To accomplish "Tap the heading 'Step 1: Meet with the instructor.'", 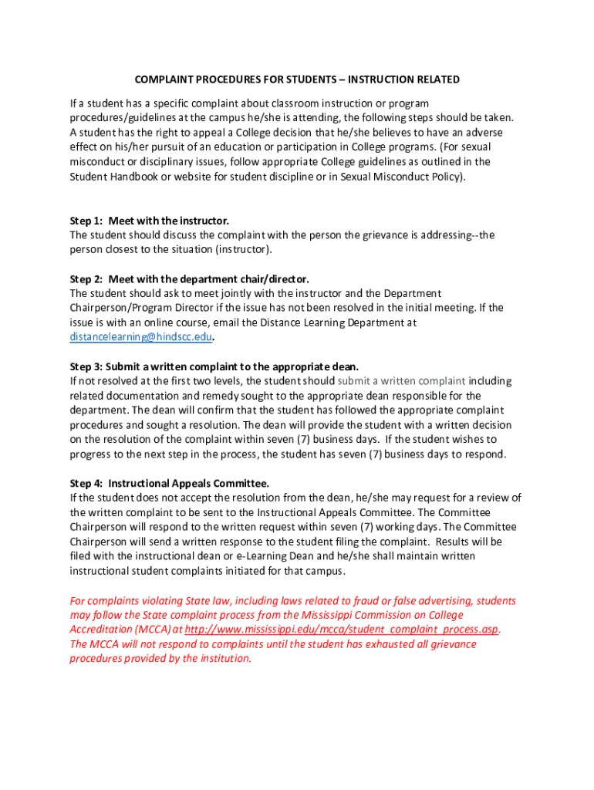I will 149,221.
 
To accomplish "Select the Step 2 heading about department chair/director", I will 189,279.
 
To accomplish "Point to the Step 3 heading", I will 214,366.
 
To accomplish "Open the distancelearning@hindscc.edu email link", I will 141,337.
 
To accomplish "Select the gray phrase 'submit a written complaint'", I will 401,381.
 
